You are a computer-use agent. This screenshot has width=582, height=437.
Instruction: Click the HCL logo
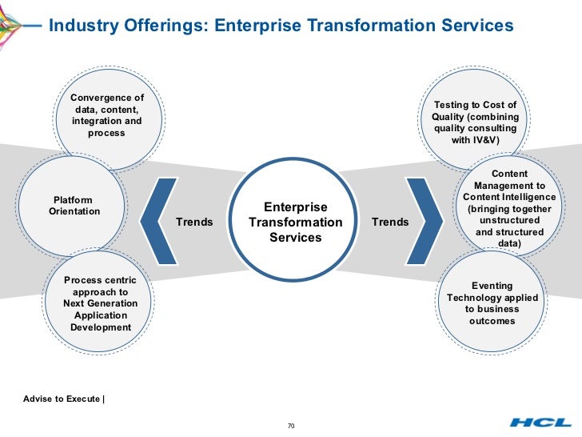(x=540, y=423)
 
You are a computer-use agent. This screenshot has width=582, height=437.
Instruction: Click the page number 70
(x=291, y=425)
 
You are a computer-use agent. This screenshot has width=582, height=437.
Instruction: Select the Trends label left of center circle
(x=194, y=222)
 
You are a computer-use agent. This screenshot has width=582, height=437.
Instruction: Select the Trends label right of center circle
(x=390, y=222)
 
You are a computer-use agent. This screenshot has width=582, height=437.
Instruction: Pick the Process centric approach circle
(x=101, y=304)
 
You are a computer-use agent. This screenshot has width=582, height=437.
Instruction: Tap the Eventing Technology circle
(x=492, y=303)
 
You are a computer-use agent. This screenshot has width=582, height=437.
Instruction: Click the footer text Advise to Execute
(x=62, y=398)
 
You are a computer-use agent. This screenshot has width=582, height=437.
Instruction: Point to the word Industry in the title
(x=83, y=26)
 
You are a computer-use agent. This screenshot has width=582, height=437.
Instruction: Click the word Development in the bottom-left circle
(x=101, y=327)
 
